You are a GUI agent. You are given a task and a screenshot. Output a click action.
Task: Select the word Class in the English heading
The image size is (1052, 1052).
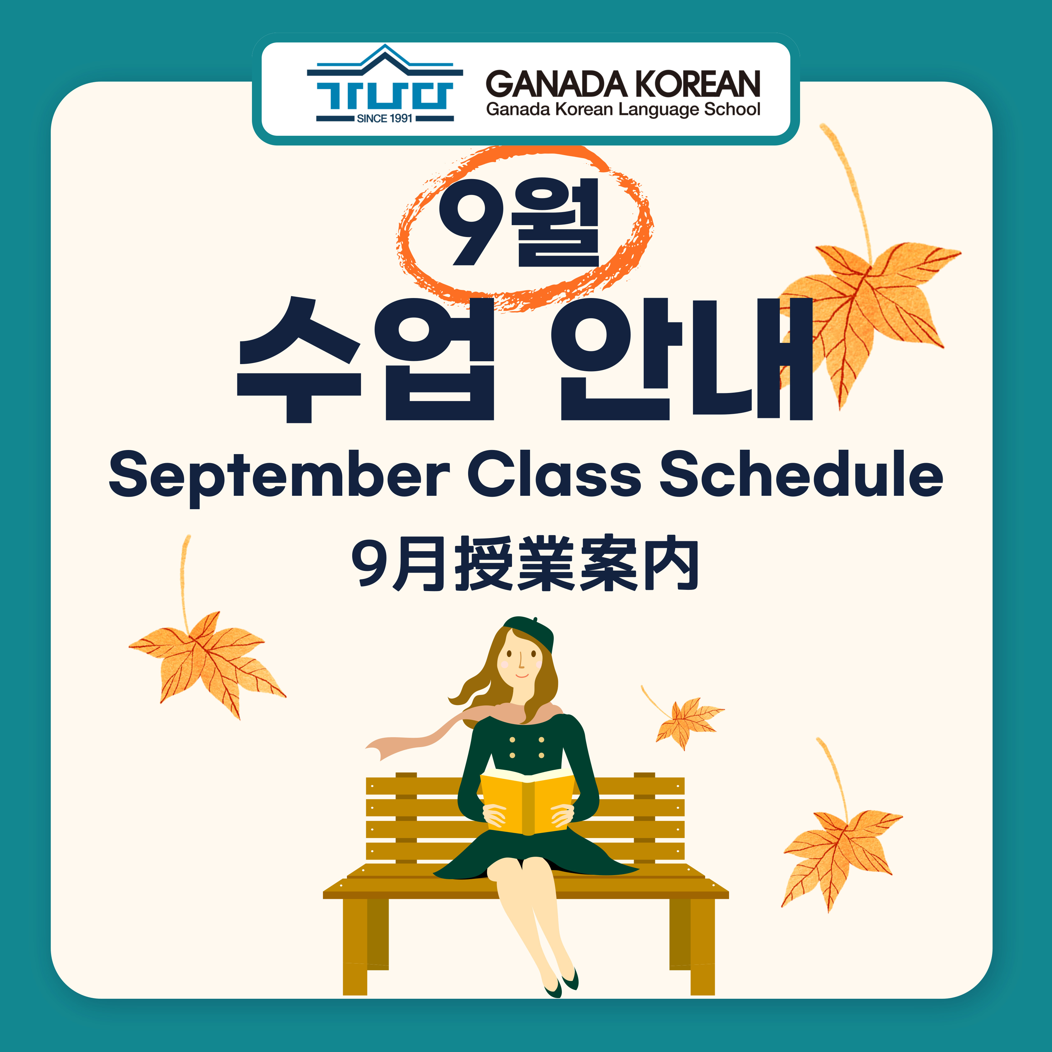tap(554, 473)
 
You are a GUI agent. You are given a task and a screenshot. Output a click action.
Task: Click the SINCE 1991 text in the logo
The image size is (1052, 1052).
tap(384, 118)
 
